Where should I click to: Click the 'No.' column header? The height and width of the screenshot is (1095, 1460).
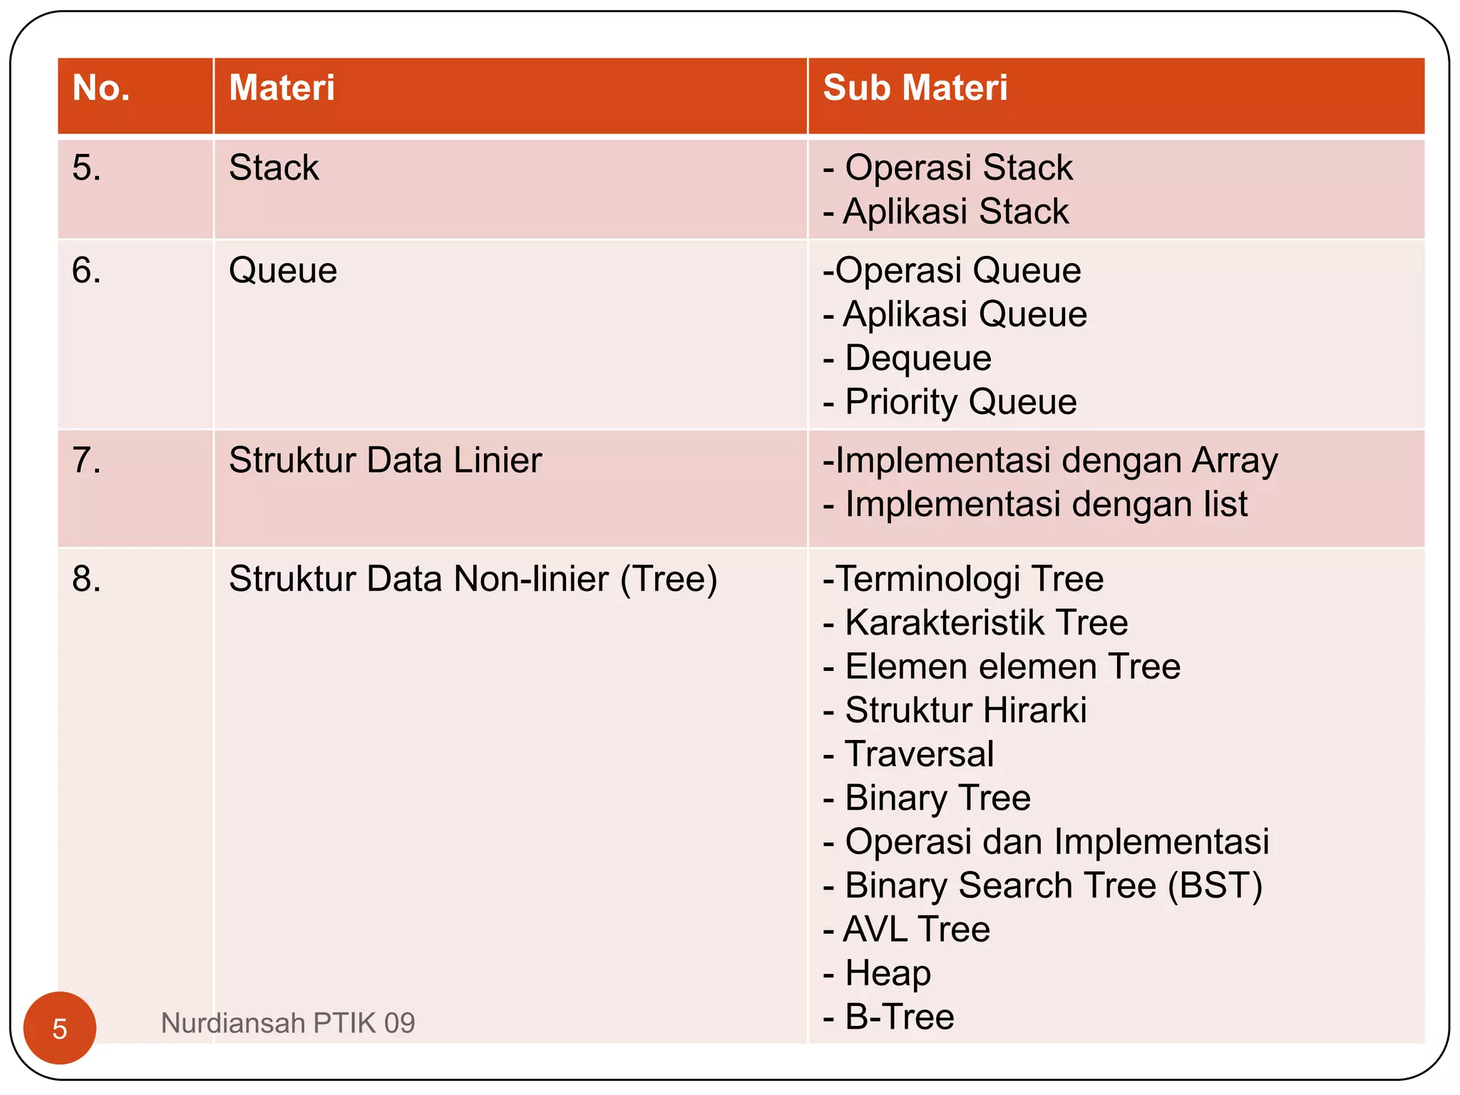point(101,88)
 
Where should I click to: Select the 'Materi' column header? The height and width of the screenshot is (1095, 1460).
point(282,88)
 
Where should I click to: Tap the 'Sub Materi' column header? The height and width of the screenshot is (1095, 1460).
point(915,88)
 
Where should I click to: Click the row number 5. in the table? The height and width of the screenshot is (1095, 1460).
point(86,168)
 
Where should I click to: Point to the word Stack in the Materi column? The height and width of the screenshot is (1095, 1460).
point(274,168)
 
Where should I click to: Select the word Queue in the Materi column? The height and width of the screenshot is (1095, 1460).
point(282,271)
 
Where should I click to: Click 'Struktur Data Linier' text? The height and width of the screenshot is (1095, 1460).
point(385,461)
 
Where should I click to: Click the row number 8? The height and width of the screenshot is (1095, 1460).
point(86,579)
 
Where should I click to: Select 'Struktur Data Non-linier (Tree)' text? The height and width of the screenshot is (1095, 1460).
point(473,579)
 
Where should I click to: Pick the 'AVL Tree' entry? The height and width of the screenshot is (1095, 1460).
point(916,930)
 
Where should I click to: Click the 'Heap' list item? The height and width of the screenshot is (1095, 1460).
point(887,974)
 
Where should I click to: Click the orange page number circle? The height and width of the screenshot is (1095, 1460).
point(60,1028)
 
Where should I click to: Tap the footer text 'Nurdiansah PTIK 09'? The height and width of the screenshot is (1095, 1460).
point(288,1024)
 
